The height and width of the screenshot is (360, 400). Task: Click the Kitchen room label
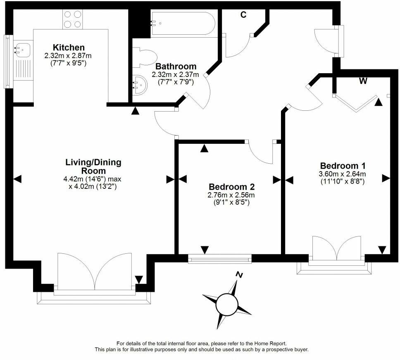[69, 48]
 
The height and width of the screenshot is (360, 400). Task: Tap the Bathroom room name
[176, 66]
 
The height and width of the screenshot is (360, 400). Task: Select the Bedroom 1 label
[343, 166]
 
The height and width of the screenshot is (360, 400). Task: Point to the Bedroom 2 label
[232, 187]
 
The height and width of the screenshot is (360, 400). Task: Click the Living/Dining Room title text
[93, 166]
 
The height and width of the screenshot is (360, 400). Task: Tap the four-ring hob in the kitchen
[73, 19]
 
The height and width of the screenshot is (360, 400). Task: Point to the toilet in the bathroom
[145, 57]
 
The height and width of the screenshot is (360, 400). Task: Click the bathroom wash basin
[140, 85]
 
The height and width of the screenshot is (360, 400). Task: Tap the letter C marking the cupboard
[243, 15]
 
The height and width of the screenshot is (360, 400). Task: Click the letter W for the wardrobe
[363, 81]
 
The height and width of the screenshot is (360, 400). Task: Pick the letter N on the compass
[239, 275]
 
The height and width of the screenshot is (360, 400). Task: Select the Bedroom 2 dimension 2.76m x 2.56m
[231, 195]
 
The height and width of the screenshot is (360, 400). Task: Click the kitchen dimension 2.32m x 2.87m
[68, 56]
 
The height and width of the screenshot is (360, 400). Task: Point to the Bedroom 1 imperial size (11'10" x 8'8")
[342, 181]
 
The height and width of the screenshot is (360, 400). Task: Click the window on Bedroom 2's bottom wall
[220, 259]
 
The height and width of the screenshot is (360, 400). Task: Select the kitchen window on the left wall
[8, 62]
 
